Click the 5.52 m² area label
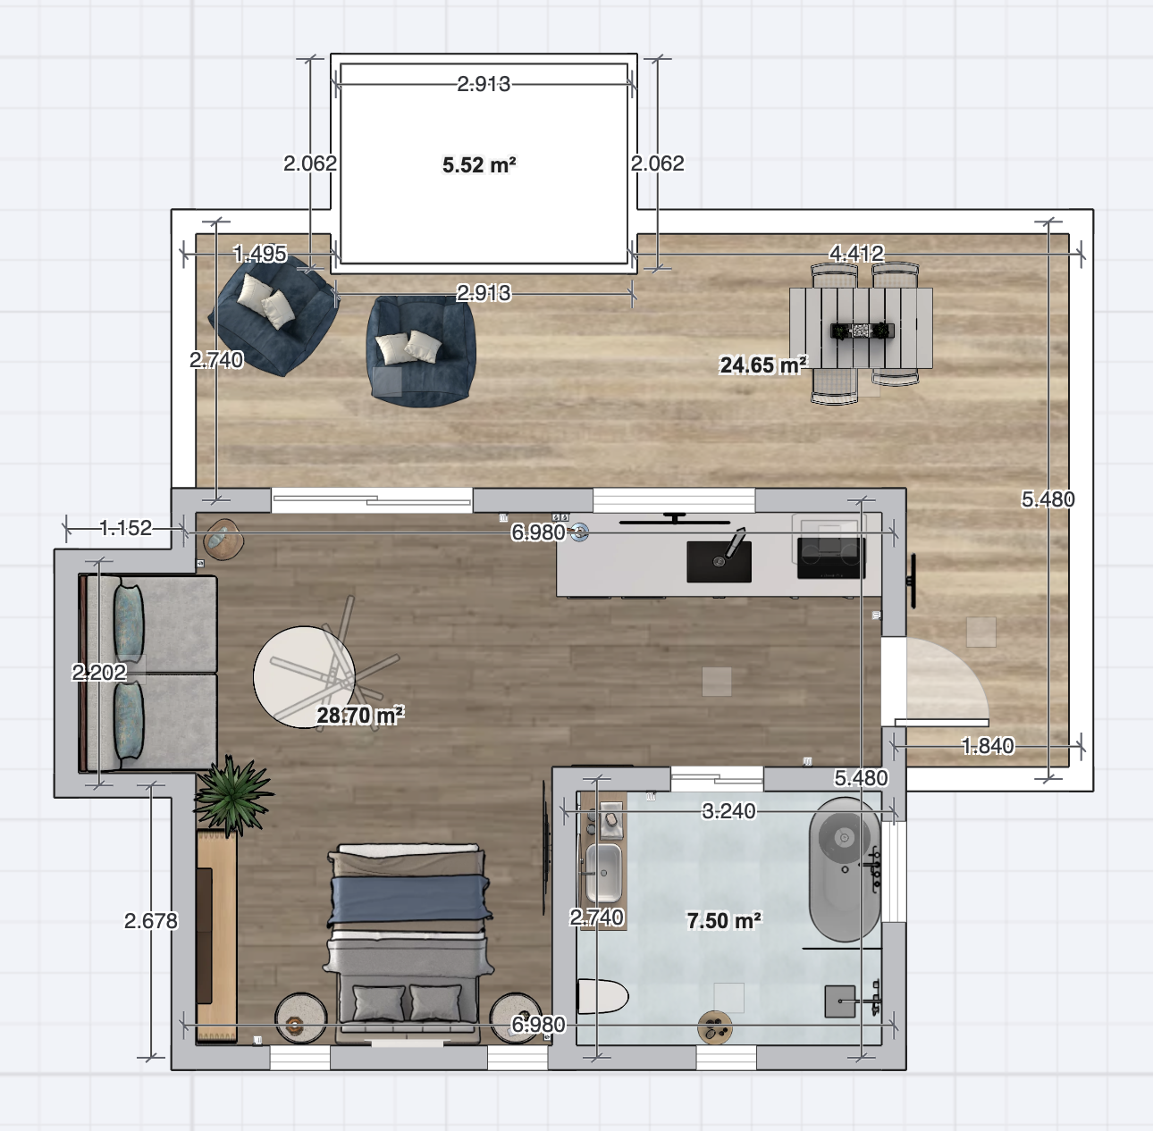tap(479, 164)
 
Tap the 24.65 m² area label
tap(763, 364)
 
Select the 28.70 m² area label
tap(360, 715)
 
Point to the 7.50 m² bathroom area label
tap(724, 920)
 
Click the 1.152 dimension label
tap(126, 528)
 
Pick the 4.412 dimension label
tap(856, 254)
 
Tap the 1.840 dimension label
tap(988, 746)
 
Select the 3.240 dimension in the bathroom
tap(728, 811)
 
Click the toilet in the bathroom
tap(602, 996)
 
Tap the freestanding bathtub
tap(845, 869)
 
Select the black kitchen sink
tap(719, 561)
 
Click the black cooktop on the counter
tap(831, 558)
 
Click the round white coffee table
tap(304, 677)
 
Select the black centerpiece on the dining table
tap(863, 331)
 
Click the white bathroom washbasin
tap(603, 873)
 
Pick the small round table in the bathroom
tap(715, 1028)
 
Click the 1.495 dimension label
tap(260, 254)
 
